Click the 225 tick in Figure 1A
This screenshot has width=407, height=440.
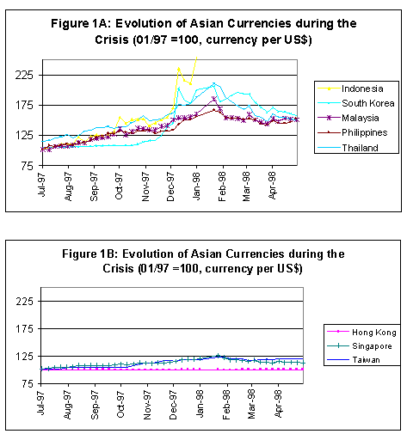[x=24, y=75]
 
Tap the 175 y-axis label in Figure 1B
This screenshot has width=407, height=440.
[x=25, y=328]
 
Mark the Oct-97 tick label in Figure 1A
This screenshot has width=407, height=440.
[x=119, y=186]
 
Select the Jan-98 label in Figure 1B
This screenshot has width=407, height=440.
[x=200, y=404]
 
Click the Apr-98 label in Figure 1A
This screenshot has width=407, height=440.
[x=272, y=186]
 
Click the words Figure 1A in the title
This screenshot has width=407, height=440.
[x=81, y=23]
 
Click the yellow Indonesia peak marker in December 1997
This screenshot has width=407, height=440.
[x=179, y=69]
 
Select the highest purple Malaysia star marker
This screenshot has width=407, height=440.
[x=214, y=99]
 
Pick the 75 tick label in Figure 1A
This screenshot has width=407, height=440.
[x=27, y=166]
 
